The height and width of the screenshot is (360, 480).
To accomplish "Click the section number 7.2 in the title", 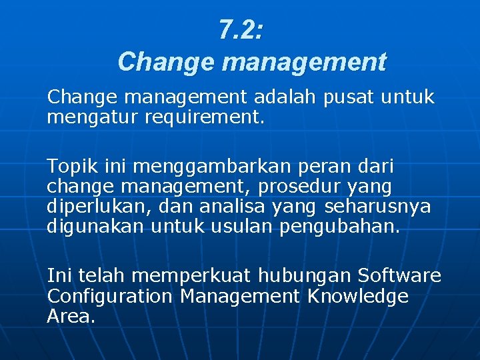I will coord(241,31).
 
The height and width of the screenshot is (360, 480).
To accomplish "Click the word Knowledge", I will coord(358,296).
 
